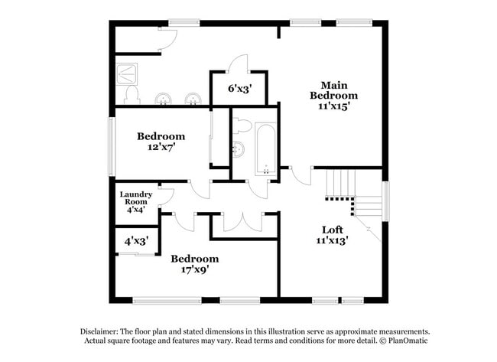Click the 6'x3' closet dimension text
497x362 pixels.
[x=239, y=88]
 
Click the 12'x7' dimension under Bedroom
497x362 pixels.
[x=161, y=148]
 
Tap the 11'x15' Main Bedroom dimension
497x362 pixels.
[x=333, y=106]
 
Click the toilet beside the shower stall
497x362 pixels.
[x=132, y=95]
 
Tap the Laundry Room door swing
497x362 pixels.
[x=166, y=197]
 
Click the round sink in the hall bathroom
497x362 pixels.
[x=238, y=148]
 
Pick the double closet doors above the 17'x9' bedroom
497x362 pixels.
[x=243, y=221]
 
